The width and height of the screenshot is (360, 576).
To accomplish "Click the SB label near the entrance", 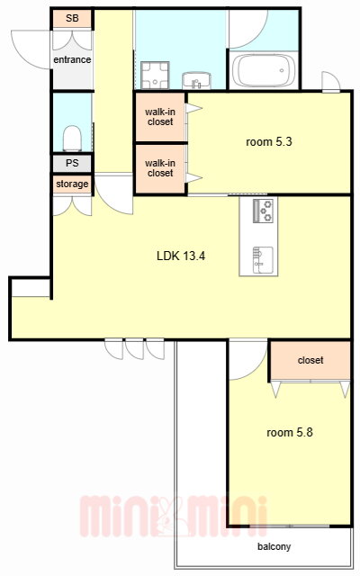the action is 72,18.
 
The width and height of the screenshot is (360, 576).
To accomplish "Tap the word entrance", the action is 72,59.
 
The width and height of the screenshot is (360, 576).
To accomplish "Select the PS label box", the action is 72,163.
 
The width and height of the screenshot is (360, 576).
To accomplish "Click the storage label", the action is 72,184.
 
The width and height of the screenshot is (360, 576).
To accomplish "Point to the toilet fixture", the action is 72,138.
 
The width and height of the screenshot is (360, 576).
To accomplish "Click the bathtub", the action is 264,70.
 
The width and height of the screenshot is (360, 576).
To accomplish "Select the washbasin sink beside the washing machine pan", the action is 197,80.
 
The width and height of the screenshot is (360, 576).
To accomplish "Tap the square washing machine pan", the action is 155,76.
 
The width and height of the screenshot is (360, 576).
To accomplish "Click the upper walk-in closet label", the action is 160,117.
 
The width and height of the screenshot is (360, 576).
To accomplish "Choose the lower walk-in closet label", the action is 160,168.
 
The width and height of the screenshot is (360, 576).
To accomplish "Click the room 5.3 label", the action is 269,142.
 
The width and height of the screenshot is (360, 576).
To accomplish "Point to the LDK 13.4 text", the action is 181,256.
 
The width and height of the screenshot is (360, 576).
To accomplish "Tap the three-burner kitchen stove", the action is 263,211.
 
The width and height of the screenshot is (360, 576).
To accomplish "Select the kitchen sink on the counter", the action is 263,260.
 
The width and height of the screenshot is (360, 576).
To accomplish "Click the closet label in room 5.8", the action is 310,360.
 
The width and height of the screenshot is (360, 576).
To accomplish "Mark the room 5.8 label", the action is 290,432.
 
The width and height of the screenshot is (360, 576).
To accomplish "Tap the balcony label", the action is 274,546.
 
